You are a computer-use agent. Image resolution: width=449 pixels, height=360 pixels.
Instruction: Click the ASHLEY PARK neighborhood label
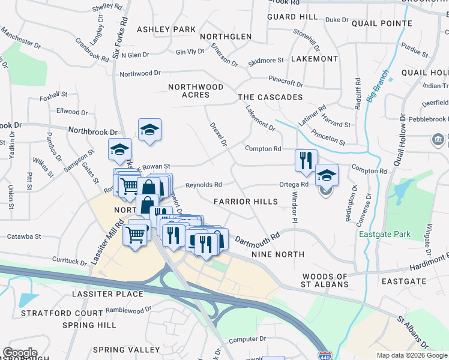(166, 29)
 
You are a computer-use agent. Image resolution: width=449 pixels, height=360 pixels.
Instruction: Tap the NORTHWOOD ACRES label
(196, 91)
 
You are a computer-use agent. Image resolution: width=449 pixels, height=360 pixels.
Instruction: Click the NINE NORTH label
(278, 255)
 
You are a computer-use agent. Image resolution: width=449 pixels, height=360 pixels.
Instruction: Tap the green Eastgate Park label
(384, 234)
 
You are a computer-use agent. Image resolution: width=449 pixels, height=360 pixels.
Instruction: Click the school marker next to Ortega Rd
(327, 175)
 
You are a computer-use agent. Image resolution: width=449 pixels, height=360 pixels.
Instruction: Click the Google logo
(20, 353)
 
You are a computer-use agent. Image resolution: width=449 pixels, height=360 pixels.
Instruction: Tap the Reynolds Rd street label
(203, 185)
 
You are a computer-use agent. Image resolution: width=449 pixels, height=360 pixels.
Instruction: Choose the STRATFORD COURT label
(62, 313)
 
